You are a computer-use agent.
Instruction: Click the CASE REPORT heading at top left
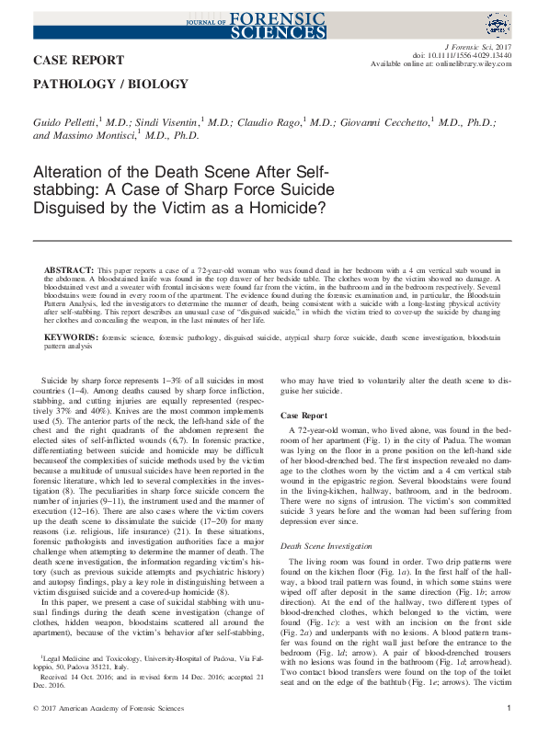pos(78,61)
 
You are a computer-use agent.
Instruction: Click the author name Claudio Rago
pos(286,122)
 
